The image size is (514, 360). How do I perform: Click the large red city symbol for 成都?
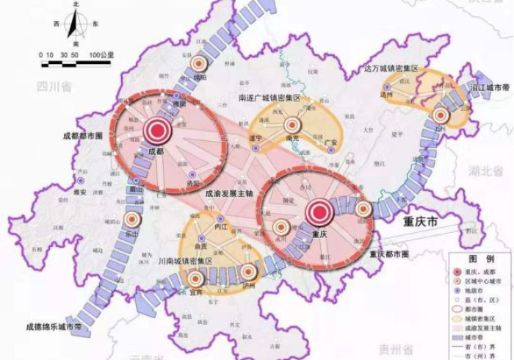pos(156,131)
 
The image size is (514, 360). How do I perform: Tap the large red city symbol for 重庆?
pos(319,213)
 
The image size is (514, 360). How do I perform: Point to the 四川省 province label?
pos(54,87)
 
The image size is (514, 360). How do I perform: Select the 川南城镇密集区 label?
pos(186,262)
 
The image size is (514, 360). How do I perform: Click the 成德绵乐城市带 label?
pos(52,326)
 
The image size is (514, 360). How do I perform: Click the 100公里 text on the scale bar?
pos(102,55)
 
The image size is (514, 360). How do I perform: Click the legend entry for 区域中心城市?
pos(485,281)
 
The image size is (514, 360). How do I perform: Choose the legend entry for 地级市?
pos(478,290)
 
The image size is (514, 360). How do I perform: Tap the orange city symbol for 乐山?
pos(132,219)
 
